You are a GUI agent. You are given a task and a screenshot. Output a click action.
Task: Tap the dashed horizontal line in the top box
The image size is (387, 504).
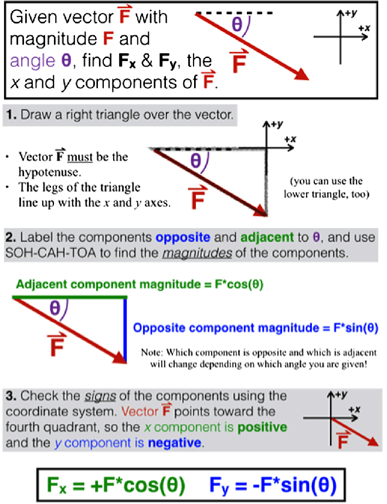click(235, 12)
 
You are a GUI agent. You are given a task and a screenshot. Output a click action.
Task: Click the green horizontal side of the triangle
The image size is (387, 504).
click(69, 298)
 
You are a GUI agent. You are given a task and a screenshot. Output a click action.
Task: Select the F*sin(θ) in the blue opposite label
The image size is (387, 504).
click(348, 328)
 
